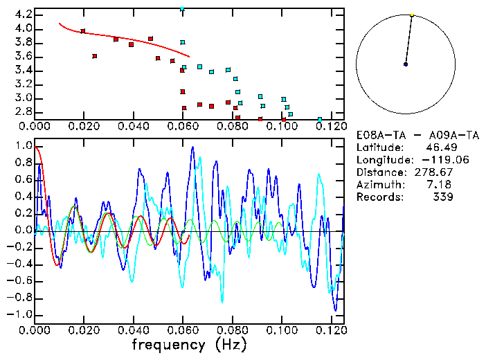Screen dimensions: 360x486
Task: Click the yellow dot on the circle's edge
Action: click(x=412, y=15)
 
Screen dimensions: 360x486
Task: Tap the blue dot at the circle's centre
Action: click(x=406, y=64)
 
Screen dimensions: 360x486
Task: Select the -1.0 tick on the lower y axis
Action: click(x=19, y=314)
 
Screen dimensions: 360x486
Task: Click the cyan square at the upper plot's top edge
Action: click(x=182, y=9)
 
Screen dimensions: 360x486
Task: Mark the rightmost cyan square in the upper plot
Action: click(x=319, y=119)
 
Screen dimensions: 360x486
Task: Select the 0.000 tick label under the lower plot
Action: click(x=35, y=330)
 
